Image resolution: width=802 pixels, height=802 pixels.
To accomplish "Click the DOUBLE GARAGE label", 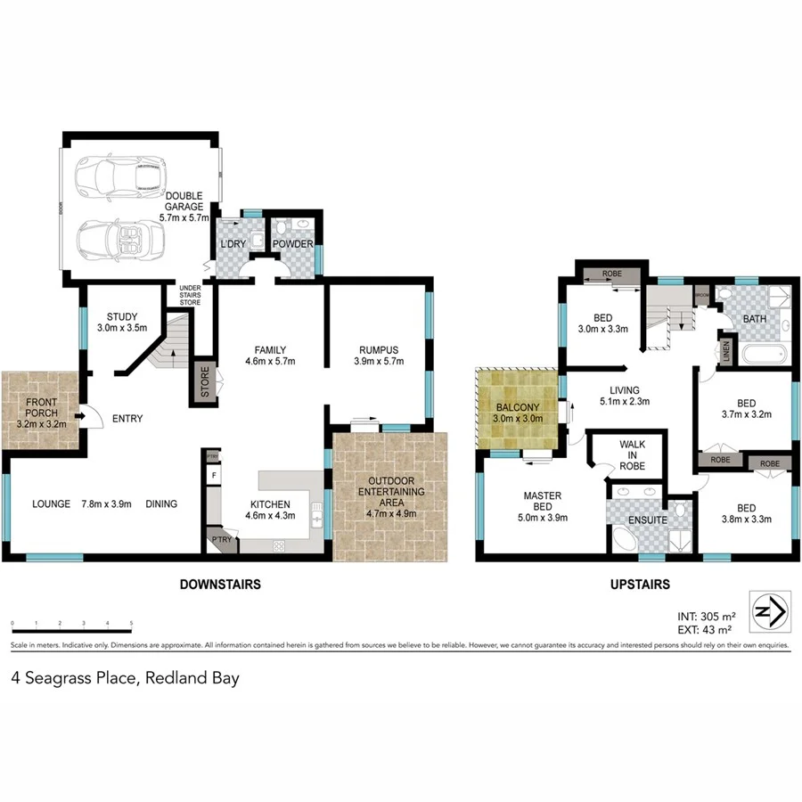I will pos(183,201).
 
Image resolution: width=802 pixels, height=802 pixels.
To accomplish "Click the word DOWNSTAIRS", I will pos(220,585).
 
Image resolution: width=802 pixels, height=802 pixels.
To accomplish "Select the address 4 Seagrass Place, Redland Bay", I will pos(126,677).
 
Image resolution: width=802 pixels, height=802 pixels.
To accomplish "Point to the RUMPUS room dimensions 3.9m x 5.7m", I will pos(379,362).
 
